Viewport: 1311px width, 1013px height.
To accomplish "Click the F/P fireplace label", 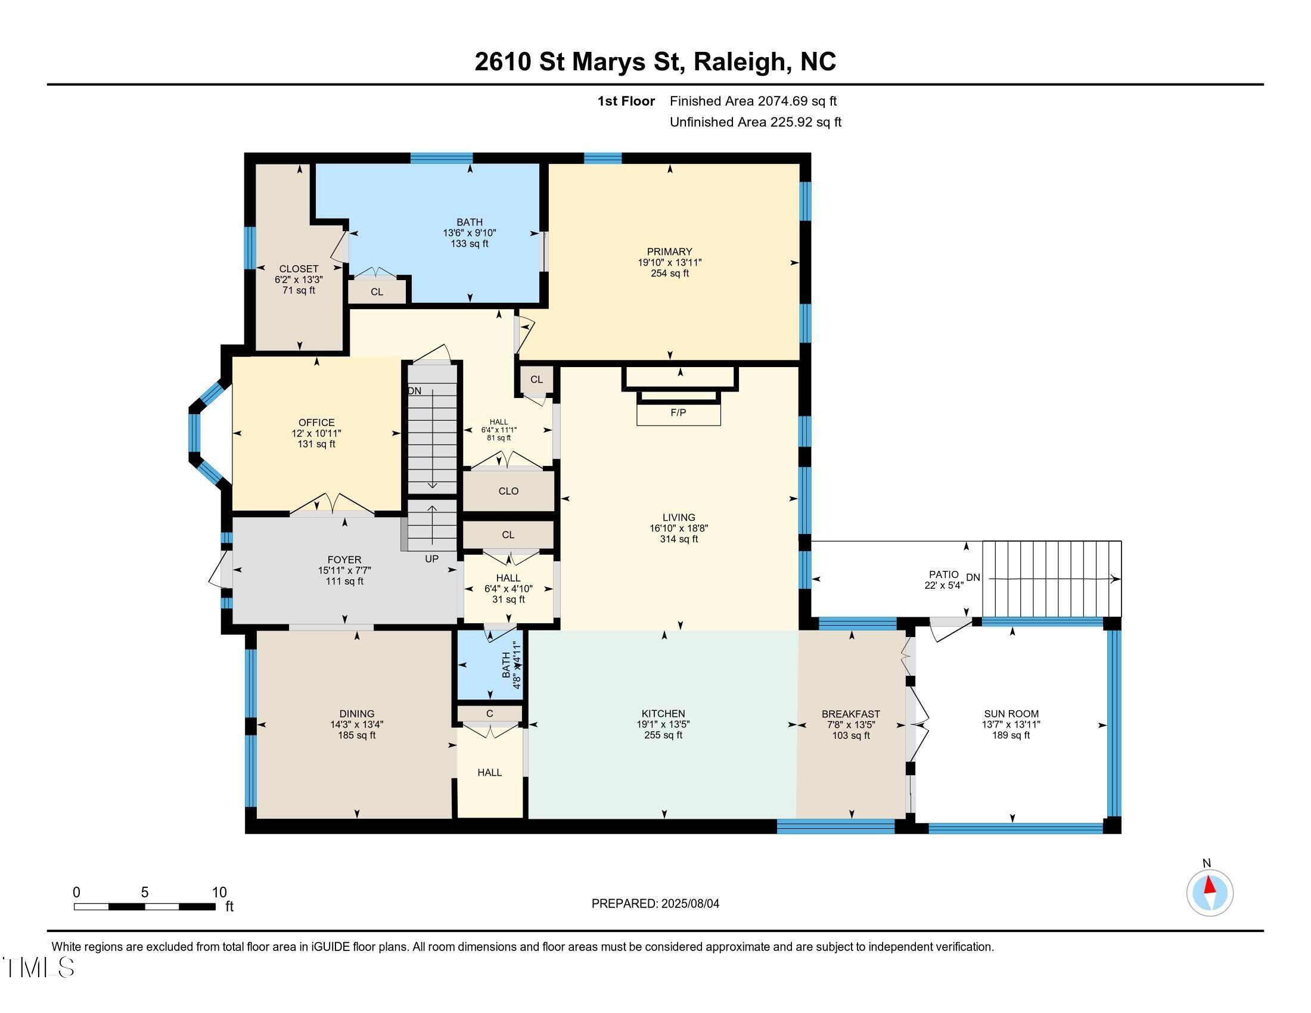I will point(678,413).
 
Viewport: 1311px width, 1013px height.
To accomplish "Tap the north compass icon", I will point(1210,893).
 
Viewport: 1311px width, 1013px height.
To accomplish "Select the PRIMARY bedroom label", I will point(669,251).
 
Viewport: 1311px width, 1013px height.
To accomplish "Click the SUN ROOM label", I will point(1011,713).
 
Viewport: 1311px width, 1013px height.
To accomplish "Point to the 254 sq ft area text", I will point(669,273).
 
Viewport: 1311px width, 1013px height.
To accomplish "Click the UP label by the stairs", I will point(431,559).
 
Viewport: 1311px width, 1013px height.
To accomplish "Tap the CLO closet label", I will point(508,491).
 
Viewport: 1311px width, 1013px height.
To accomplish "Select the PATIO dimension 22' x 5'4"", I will point(944,585).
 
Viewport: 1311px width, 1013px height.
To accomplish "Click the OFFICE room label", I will point(316,422).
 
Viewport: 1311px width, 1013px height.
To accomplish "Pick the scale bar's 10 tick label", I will point(219,893).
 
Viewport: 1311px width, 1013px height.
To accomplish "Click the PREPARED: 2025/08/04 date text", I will point(655,904).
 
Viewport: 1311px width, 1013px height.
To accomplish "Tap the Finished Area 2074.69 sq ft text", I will point(753,101).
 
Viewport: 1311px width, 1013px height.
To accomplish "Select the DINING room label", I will point(356,713).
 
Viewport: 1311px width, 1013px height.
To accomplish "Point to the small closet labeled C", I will point(489,713).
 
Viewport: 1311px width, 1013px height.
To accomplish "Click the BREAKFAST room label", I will point(850,713).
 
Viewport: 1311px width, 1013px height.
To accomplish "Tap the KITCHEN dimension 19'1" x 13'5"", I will point(663,725).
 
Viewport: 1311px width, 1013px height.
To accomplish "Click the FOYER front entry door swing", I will point(219,570).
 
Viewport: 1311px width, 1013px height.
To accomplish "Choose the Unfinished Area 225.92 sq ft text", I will point(755,122).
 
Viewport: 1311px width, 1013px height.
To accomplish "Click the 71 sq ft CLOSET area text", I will point(299,290).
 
